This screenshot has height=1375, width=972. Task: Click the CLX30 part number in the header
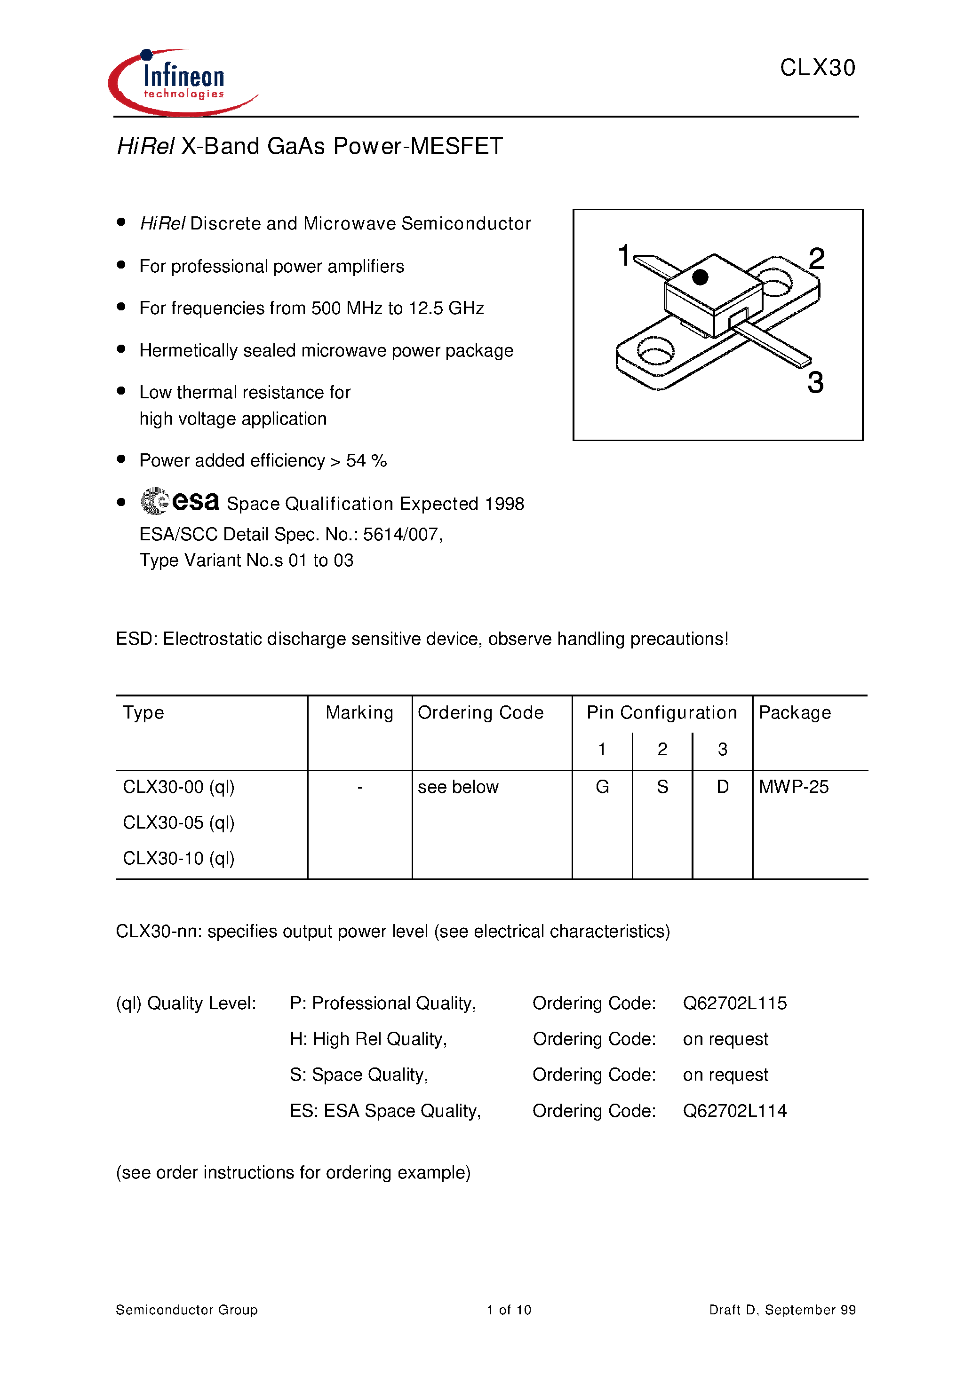click(x=817, y=68)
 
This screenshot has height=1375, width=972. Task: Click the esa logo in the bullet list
click(x=180, y=501)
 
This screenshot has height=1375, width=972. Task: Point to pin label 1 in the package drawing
click(x=624, y=255)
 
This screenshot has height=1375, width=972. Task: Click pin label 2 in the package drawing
click(x=816, y=259)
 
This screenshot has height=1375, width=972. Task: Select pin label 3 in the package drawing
click(x=815, y=382)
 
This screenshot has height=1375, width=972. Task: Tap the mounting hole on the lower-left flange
click(x=655, y=352)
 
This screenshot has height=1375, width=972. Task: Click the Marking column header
click(x=359, y=712)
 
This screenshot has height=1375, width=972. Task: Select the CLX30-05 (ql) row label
click(x=179, y=823)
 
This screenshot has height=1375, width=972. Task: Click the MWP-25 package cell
click(x=793, y=787)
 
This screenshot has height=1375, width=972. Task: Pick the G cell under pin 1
click(x=602, y=787)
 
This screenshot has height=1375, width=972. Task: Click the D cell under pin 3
click(x=723, y=787)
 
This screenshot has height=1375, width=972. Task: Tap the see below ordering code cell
click(x=458, y=787)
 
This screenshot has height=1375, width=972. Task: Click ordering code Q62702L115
click(x=735, y=1003)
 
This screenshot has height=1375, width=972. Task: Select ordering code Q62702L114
click(x=735, y=1111)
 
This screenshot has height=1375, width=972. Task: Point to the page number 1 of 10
click(x=509, y=1310)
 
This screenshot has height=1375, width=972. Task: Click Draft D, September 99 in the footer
click(x=782, y=1310)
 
